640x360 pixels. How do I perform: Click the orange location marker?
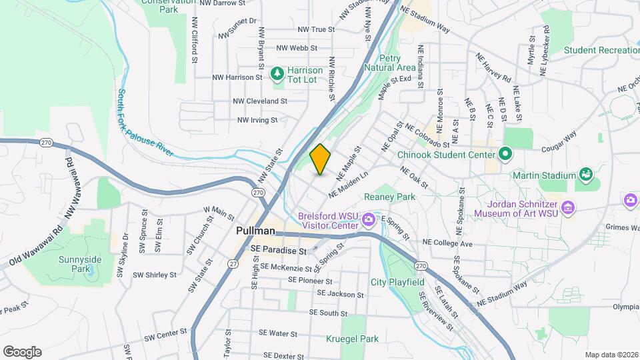(x=321, y=159)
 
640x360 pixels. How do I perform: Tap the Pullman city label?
(x=255, y=231)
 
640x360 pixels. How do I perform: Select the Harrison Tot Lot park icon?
(x=277, y=71)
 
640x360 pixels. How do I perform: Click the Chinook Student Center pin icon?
(x=505, y=154)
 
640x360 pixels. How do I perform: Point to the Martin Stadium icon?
(x=586, y=175)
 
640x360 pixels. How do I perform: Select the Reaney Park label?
(x=389, y=197)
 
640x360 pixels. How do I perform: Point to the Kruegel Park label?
(x=352, y=339)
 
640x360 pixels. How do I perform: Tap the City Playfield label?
(x=397, y=282)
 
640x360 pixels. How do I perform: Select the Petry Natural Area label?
(x=397, y=63)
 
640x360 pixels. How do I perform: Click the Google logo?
(x=22, y=352)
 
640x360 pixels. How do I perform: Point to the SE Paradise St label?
(x=279, y=251)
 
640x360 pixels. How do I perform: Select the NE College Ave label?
(x=447, y=244)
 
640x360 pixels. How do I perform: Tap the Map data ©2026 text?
(x=611, y=355)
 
